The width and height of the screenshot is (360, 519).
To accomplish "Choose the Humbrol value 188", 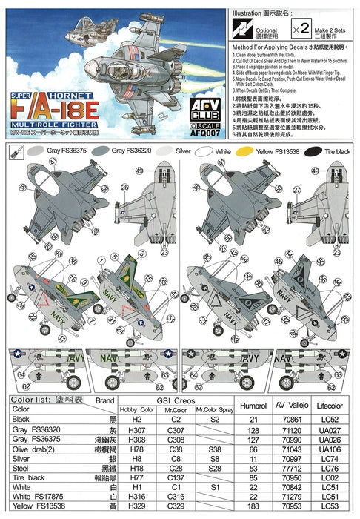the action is tap(254, 506).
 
